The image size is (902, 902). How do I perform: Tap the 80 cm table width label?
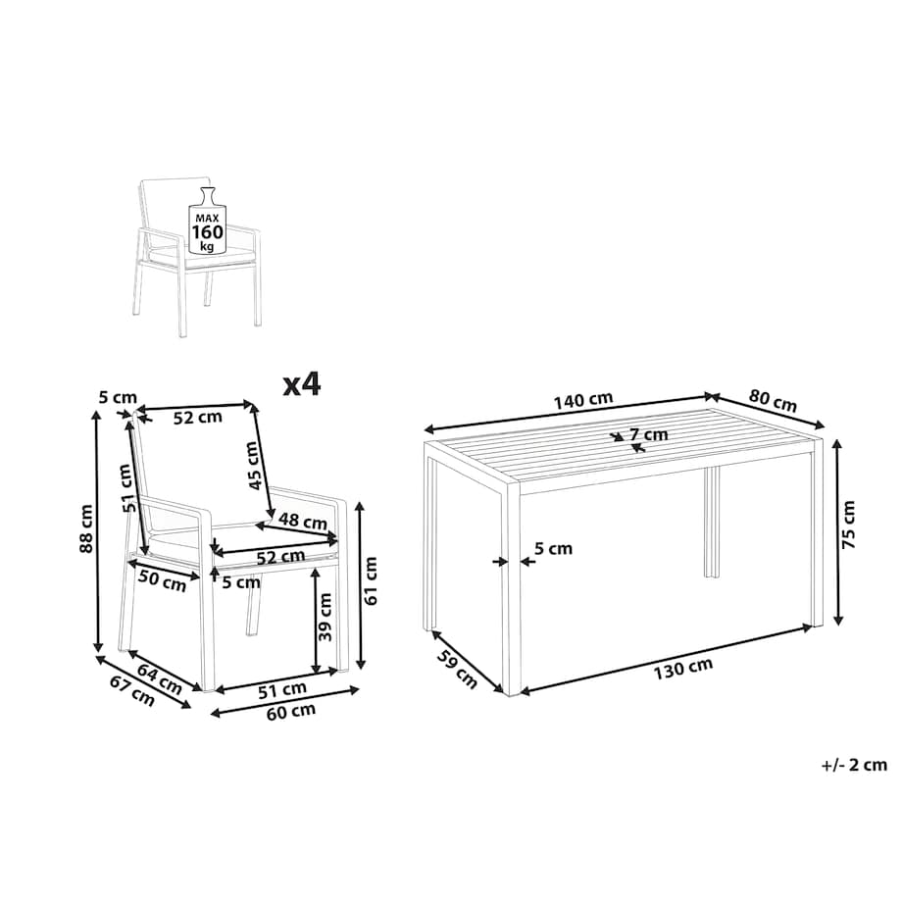pos(773,400)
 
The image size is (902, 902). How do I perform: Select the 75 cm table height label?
pos(848,525)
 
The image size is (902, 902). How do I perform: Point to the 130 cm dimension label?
pos(682,668)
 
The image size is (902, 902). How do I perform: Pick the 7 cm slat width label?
pos(649,434)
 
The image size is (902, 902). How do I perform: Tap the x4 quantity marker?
pos(301,384)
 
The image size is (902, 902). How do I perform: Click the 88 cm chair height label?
pos(86,528)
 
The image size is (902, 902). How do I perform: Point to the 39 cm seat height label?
pos(326,618)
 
